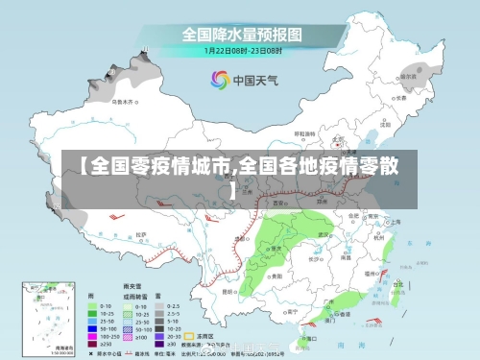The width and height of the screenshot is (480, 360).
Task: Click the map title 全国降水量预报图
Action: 243,34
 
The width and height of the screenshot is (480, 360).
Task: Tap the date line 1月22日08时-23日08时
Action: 243,50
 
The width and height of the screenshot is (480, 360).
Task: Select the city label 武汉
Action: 342,235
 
